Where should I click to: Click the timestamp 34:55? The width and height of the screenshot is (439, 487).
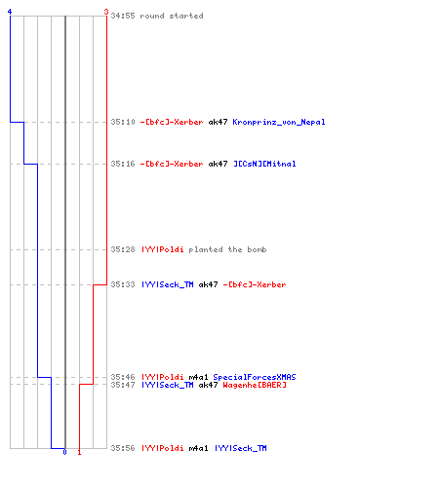tap(123, 16)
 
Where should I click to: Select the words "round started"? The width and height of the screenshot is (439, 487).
tap(172, 16)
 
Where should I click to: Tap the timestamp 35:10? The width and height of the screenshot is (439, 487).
tap(123, 122)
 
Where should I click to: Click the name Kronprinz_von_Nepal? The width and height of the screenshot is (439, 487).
tap(279, 122)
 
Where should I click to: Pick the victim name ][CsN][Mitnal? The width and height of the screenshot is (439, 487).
tap(264, 164)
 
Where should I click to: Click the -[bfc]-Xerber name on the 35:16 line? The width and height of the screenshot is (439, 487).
tap(172, 164)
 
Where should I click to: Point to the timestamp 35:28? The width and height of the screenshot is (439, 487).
tap(123, 249)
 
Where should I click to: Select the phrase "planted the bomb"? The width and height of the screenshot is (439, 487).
tap(227, 249)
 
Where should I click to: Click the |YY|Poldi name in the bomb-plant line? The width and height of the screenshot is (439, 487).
tap(163, 249)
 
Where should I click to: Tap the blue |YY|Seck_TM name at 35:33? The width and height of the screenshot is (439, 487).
tap(168, 284)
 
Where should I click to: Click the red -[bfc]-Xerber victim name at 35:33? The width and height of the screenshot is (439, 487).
tap(255, 284)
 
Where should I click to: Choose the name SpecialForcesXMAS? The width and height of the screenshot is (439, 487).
tap(255, 377)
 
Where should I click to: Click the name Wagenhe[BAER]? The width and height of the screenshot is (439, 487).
tap(255, 385)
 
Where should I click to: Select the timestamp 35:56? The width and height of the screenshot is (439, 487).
tap(123, 448)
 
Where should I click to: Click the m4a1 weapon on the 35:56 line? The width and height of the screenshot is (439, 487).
tap(198, 448)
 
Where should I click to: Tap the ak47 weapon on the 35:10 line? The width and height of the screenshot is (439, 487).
tap(218, 122)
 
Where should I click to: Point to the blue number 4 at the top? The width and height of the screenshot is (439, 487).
tap(10, 12)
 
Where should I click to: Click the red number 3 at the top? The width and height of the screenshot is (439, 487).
tap(106, 12)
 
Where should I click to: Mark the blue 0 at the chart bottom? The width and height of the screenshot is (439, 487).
tap(64, 452)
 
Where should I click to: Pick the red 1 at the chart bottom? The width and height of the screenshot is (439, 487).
tap(79, 452)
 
